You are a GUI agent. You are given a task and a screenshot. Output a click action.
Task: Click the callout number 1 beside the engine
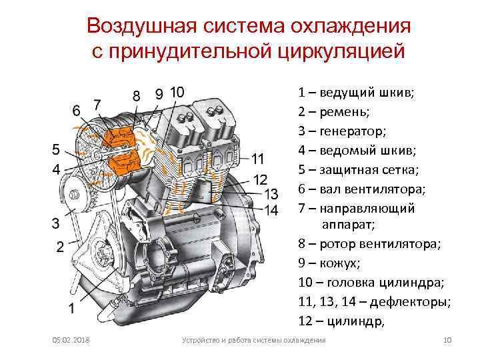(x=71, y=308)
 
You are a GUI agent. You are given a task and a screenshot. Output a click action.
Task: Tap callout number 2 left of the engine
(x=59, y=247)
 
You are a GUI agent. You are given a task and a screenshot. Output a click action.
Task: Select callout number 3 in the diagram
(x=56, y=221)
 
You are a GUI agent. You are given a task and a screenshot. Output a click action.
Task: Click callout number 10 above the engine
(x=178, y=92)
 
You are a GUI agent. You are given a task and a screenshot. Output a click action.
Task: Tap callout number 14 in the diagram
(x=271, y=210)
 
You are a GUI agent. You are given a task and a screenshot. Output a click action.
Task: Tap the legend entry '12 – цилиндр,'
(x=341, y=322)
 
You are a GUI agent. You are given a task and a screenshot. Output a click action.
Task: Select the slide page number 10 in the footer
(x=447, y=341)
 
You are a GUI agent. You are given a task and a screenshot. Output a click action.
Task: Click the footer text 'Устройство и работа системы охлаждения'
(x=254, y=341)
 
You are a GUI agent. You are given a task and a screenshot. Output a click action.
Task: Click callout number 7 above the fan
(x=97, y=104)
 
